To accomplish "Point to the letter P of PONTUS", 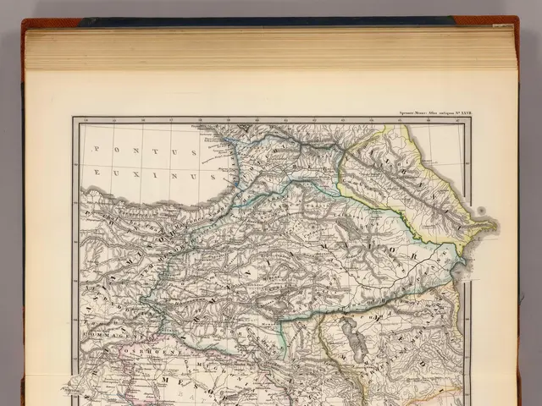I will click(97, 149).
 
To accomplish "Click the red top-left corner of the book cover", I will click(34, 23).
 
